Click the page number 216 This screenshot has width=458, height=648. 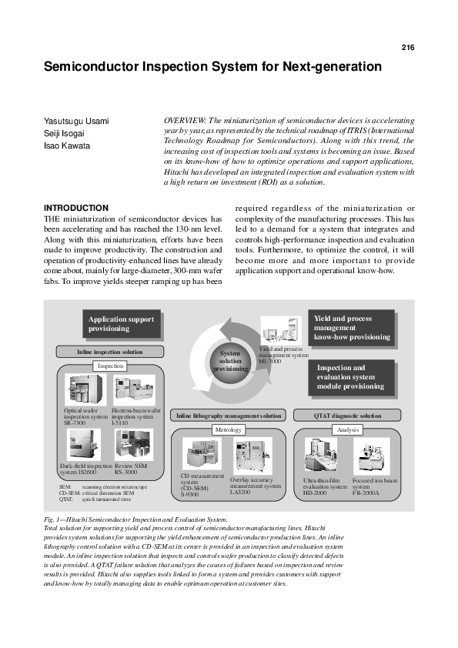pyautogui.click(x=407, y=48)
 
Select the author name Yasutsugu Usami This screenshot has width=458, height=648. pyautogui.click(x=76, y=122)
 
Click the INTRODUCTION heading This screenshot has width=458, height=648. pyautogui.click(x=76, y=208)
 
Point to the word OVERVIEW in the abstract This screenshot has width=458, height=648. pyautogui.click(x=186, y=121)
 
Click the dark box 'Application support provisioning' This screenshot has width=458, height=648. pyautogui.click(x=121, y=324)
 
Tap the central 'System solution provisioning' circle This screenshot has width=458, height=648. pyautogui.click(x=231, y=361)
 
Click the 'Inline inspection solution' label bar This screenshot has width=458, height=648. pyautogui.click(x=109, y=352)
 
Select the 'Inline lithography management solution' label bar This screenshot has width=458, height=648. pyautogui.click(x=229, y=416)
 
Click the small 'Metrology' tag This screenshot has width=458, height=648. pyautogui.click(x=229, y=429)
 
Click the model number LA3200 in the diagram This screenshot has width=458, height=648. pyautogui.click(x=240, y=492)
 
